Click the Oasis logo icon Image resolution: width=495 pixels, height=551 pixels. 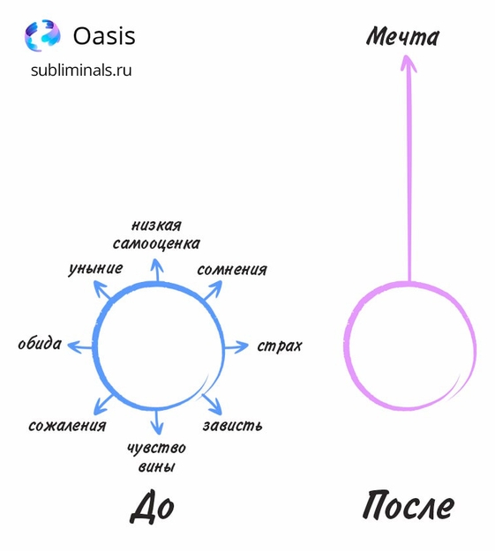[42, 35]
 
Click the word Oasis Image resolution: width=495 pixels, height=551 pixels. [104, 36]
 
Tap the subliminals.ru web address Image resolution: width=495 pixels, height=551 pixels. [81, 70]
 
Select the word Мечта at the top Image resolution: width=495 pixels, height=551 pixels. [403, 36]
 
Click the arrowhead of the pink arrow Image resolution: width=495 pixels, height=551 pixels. [409, 63]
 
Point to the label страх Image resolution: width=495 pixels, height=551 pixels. [280, 346]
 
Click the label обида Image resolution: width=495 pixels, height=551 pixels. [40, 343]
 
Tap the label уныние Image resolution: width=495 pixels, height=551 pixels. [95, 269]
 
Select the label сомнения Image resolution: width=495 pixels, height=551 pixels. [232, 270]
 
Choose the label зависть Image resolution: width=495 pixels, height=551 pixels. [233, 426]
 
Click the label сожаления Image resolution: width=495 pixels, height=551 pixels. [67, 426]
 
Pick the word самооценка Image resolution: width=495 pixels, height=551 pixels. [156, 243]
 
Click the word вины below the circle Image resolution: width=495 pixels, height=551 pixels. [156, 467]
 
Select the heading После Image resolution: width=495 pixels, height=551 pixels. [409, 505]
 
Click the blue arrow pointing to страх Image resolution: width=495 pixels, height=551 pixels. [236, 347]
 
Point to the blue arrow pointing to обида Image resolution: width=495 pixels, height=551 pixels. [80, 347]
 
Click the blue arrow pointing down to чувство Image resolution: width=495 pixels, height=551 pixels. [157, 421]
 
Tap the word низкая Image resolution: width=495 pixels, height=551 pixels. [156, 226]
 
